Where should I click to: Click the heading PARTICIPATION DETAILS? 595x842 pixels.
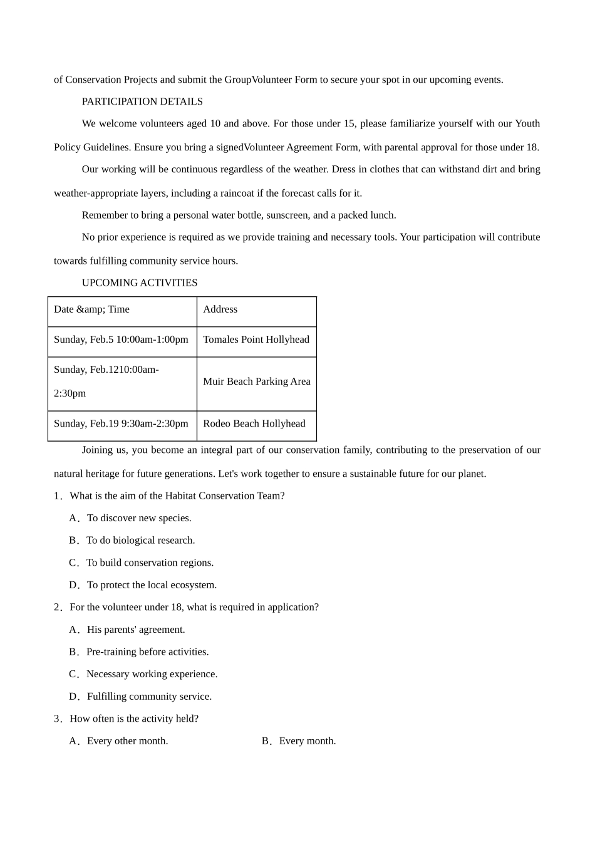(x=142, y=101)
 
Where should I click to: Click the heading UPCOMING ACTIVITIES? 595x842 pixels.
(x=140, y=283)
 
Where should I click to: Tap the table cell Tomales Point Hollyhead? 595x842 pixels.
(x=256, y=340)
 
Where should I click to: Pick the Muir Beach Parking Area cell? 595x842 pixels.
(x=256, y=382)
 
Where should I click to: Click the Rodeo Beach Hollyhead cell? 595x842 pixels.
(x=254, y=424)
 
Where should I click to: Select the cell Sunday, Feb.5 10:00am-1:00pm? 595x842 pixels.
(x=121, y=340)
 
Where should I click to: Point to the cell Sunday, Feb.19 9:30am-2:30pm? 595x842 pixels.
(x=121, y=424)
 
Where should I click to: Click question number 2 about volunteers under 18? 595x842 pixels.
(x=187, y=607)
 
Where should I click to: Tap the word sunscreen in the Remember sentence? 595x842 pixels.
(x=287, y=216)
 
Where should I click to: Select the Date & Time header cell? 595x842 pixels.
(x=92, y=309)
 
